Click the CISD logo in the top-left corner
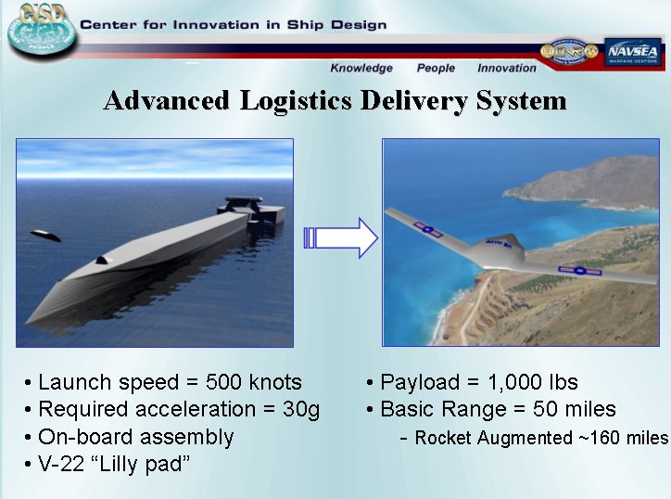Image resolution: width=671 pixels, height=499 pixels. point(42,30)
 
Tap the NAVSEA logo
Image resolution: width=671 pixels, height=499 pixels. point(633,52)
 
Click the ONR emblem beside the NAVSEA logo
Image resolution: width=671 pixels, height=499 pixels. point(569,51)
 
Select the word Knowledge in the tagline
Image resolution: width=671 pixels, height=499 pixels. point(361,68)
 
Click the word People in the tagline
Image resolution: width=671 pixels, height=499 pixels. point(436,68)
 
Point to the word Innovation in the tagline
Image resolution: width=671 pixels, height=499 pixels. point(507,68)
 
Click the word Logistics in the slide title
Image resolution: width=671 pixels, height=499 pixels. point(296,101)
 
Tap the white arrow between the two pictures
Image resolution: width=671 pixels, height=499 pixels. point(341,237)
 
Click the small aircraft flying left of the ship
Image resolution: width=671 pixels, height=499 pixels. point(44,236)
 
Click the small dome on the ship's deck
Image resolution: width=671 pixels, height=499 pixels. point(102,260)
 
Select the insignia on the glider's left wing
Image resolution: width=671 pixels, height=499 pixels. point(427,230)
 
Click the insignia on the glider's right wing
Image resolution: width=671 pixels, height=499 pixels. point(580,271)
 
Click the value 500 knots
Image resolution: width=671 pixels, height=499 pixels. point(253,382)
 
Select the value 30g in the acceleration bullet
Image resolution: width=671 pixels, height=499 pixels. point(301,410)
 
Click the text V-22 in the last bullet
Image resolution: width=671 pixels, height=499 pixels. point(61,464)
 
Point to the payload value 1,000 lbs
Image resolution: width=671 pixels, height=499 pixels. point(533,382)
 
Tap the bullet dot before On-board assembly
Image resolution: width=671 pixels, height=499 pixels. point(28,438)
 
